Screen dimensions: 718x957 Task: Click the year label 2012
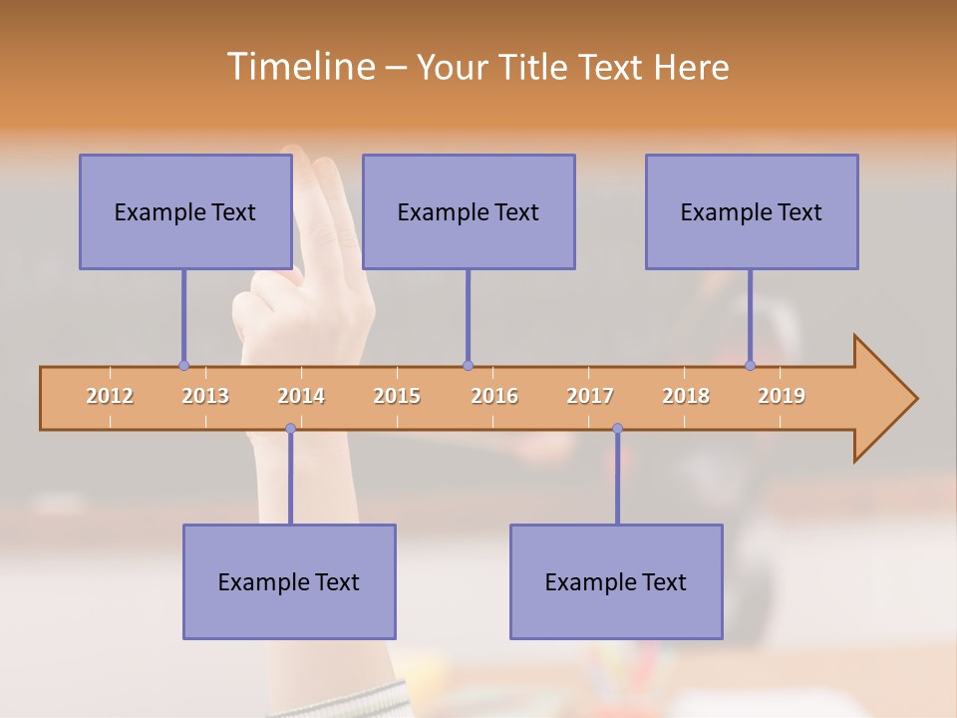click(x=110, y=396)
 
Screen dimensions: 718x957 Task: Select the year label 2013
click(x=205, y=396)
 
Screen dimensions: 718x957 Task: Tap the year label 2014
click(x=301, y=396)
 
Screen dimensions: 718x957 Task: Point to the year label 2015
click(x=397, y=396)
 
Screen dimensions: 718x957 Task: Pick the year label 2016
click(x=494, y=396)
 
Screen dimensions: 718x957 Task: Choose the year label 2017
click(x=590, y=396)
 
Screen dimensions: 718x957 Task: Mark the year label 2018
click(x=686, y=396)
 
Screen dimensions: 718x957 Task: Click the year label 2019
click(x=782, y=396)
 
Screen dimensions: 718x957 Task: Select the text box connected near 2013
click(x=185, y=211)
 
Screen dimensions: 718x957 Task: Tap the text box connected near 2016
click(x=469, y=211)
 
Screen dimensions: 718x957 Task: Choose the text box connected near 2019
click(x=752, y=211)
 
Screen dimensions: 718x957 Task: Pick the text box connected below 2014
click(x=289, y=581)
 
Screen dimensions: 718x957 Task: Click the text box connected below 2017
click(x=616, y=581)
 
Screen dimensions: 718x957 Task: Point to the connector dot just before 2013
click(x=183, y=365)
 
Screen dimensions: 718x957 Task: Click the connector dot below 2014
click(x=290, y=429)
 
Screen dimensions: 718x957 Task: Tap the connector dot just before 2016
click(x=468, y=365)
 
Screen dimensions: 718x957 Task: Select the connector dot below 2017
click(x=617, y=429)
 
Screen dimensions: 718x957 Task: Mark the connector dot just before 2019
click(x=750, y=365)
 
